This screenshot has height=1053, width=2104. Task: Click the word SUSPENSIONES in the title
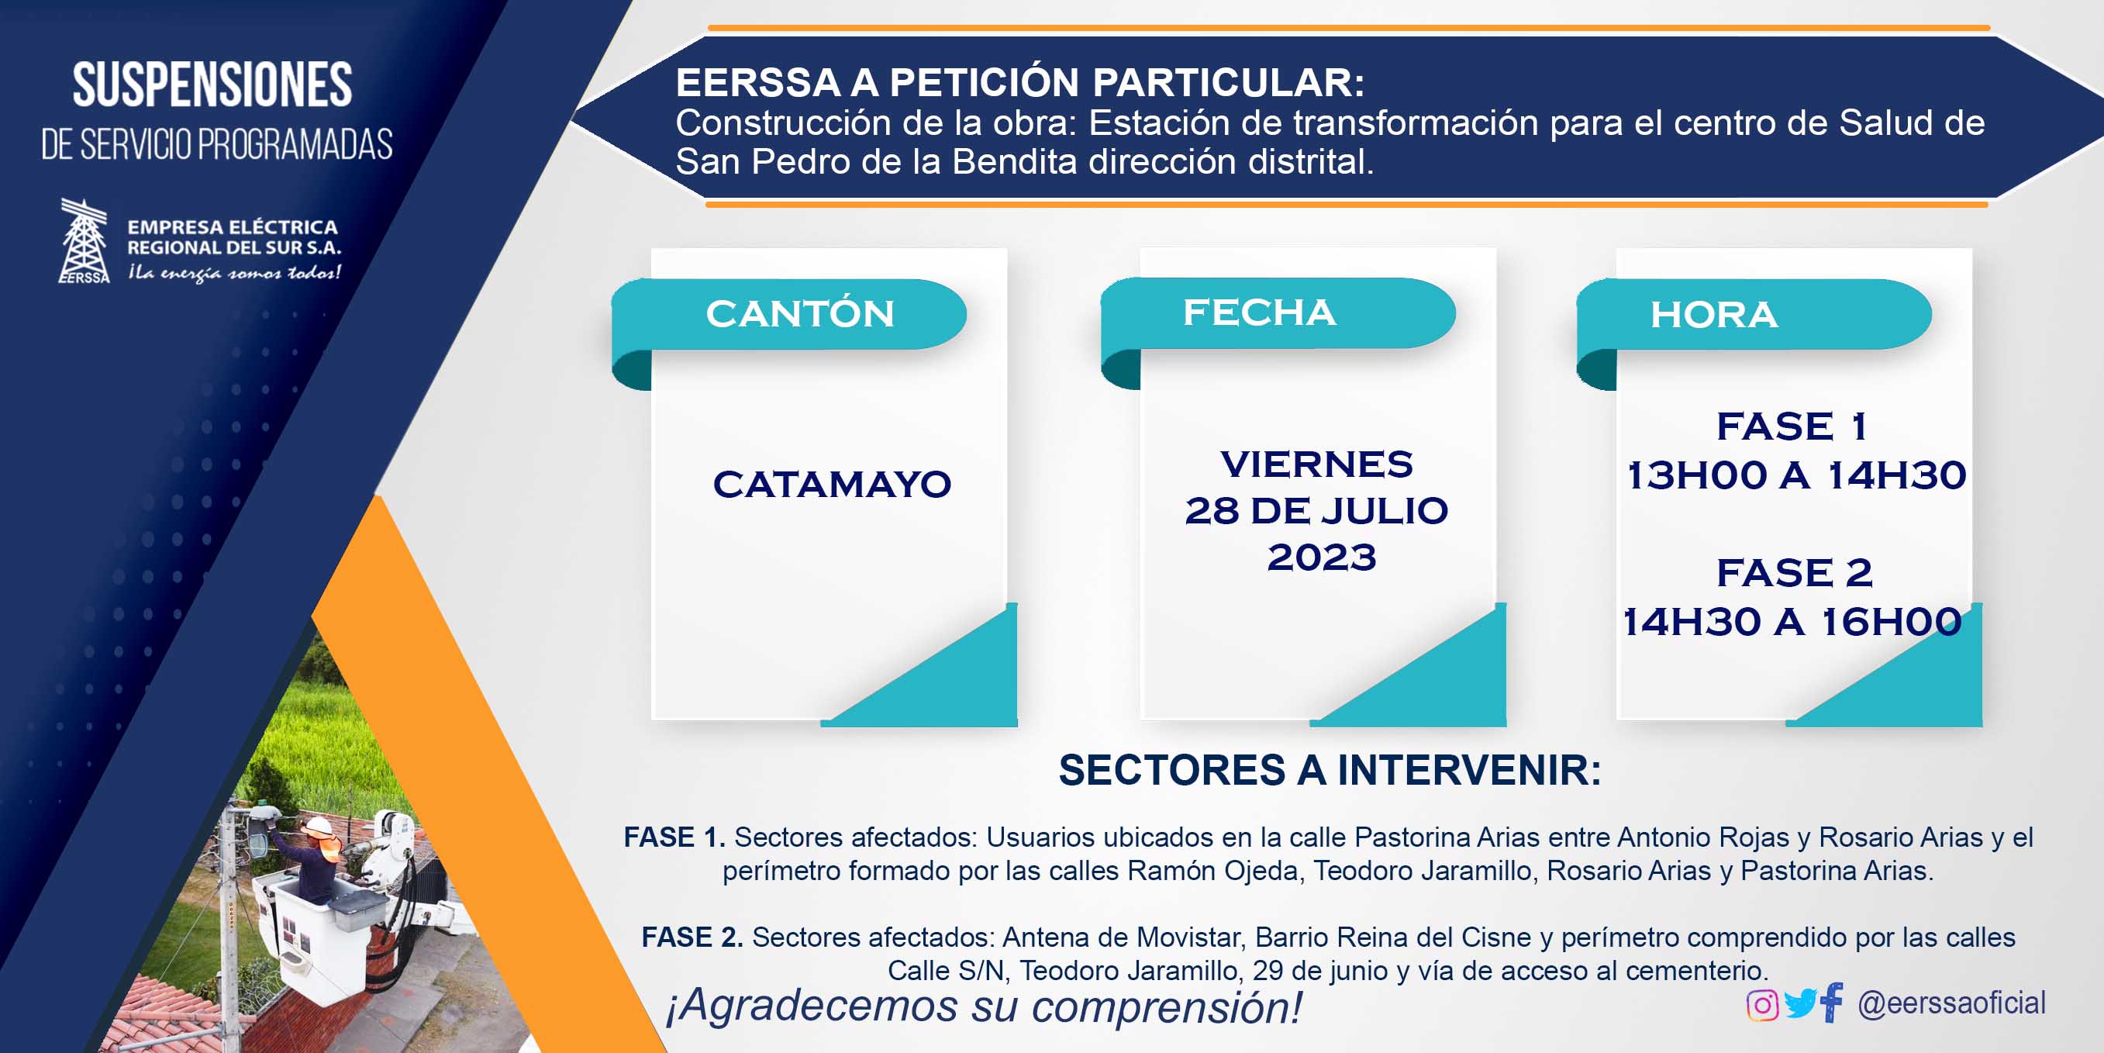[x=212, y=85]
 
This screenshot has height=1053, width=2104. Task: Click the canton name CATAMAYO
[x=833, y=484]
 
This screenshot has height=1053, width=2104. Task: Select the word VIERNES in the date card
[x=1316, y=464]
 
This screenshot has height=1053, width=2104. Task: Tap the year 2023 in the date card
[x=1322, y=558]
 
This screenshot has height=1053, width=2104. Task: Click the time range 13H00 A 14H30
[x=1796, y=475]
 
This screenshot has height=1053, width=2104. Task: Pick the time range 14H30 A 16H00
[x=1792, y=622]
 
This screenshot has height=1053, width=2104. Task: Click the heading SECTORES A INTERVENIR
[x=1330, y=770]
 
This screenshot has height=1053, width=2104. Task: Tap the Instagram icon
[x=1762, y=1005]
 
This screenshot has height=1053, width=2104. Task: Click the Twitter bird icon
[x=1799, y=1004]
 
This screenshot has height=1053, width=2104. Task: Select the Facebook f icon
[x=1832, y=1003]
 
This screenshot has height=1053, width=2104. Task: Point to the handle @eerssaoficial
[x=1951, y=1003]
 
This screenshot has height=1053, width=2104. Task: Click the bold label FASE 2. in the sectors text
[x=692, y=937]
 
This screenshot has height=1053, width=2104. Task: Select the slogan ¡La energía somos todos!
[x=234, y=273]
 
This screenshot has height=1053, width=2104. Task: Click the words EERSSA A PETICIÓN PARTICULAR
[x=1020, y=82]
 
